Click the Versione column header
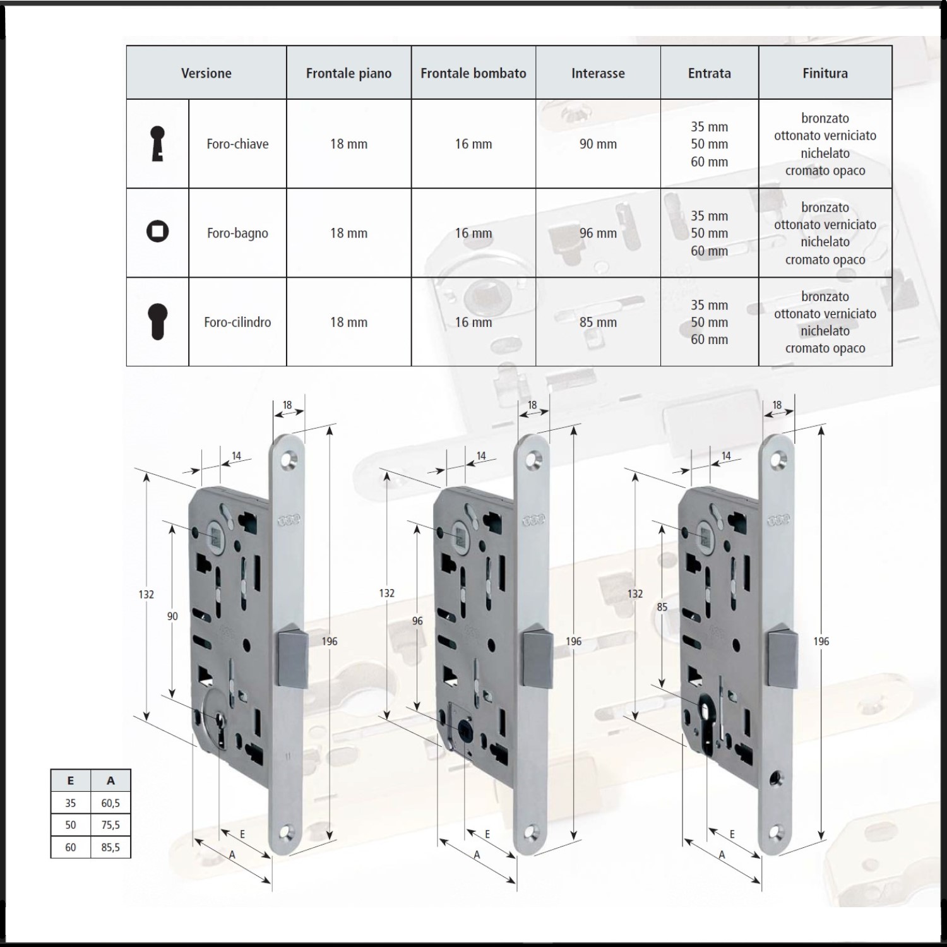coord(206,73)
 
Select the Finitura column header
coord(825,73)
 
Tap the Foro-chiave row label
coord(237,144)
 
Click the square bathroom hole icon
coord(157,231)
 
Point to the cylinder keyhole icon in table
coord(157,322)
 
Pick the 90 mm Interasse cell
coord(598,144)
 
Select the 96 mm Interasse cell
coord(598,233)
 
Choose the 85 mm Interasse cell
coord(598,322)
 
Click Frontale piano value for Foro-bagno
coord(348,233)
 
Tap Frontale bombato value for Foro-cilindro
coord(473,322)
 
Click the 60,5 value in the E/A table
coord(110,803)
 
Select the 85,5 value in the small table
coord(110,847)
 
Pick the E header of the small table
coord(70,781)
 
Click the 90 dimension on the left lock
coord(172,616)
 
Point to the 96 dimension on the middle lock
coord(417,621)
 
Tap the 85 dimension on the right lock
coord(662,607)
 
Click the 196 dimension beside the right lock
coord(821,641)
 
